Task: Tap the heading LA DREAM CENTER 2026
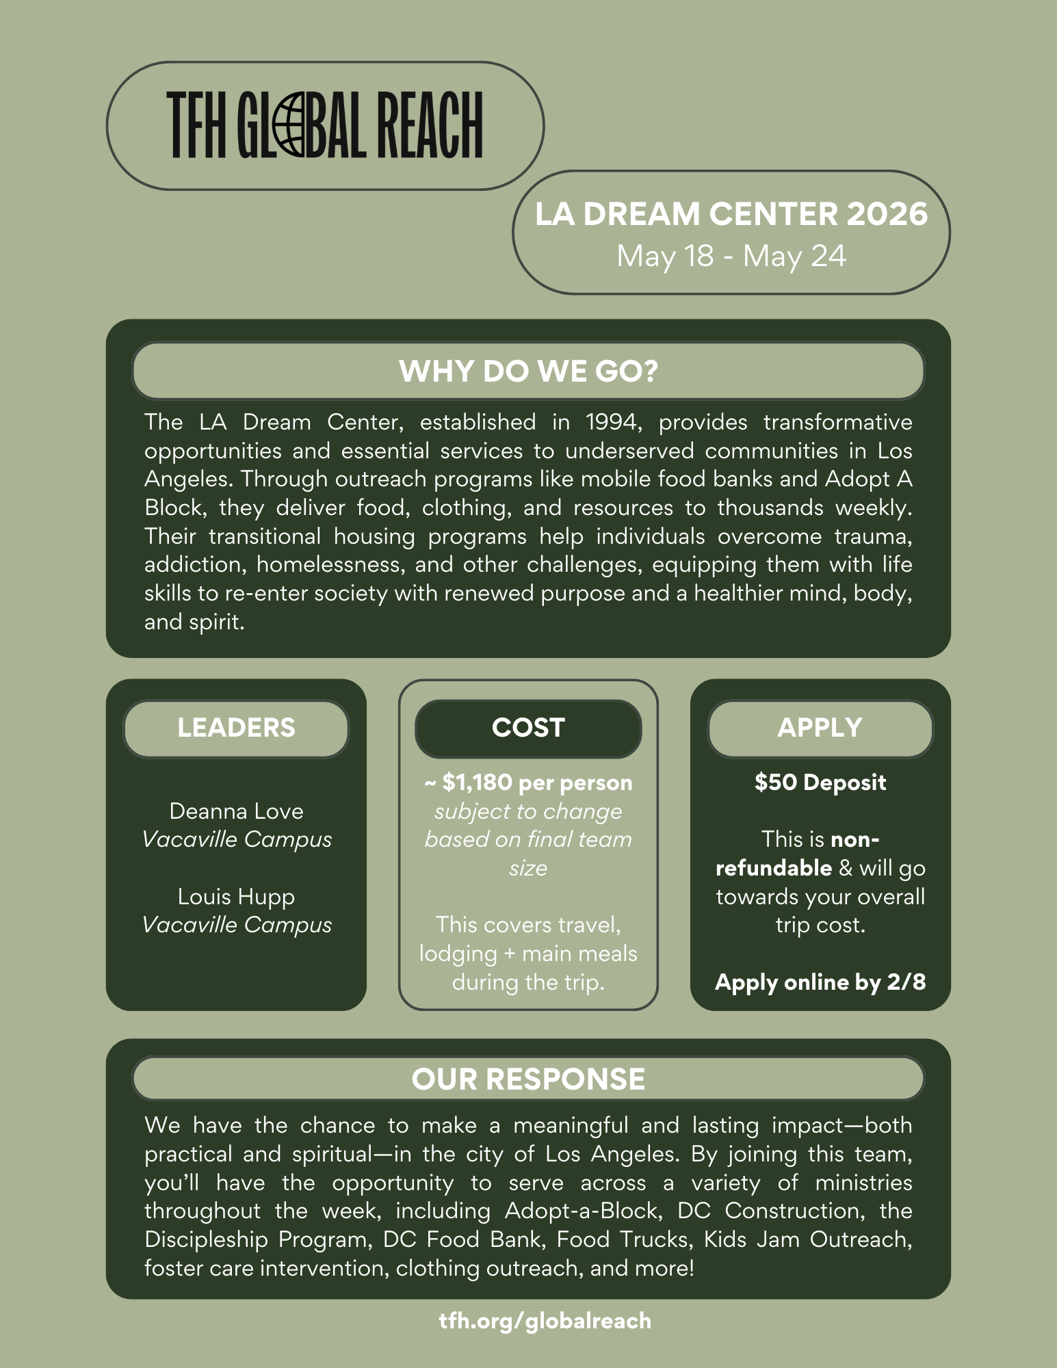(731, 214)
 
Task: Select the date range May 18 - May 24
(731, 256)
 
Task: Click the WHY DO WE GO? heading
(528, 371)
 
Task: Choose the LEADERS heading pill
(236, 728)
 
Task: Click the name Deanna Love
(236, 811)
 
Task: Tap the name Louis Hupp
(236, 897)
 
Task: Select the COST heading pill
(528, 728)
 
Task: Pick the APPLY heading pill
(820, 728)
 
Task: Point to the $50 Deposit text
(820, 782)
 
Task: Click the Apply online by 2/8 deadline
(820, 982)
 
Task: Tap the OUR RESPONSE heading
(528, 1079)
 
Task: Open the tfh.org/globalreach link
(545, 1320)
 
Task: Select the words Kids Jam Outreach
(807, 1239)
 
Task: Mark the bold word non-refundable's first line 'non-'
(854, 839)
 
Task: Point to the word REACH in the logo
(431, 125)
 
